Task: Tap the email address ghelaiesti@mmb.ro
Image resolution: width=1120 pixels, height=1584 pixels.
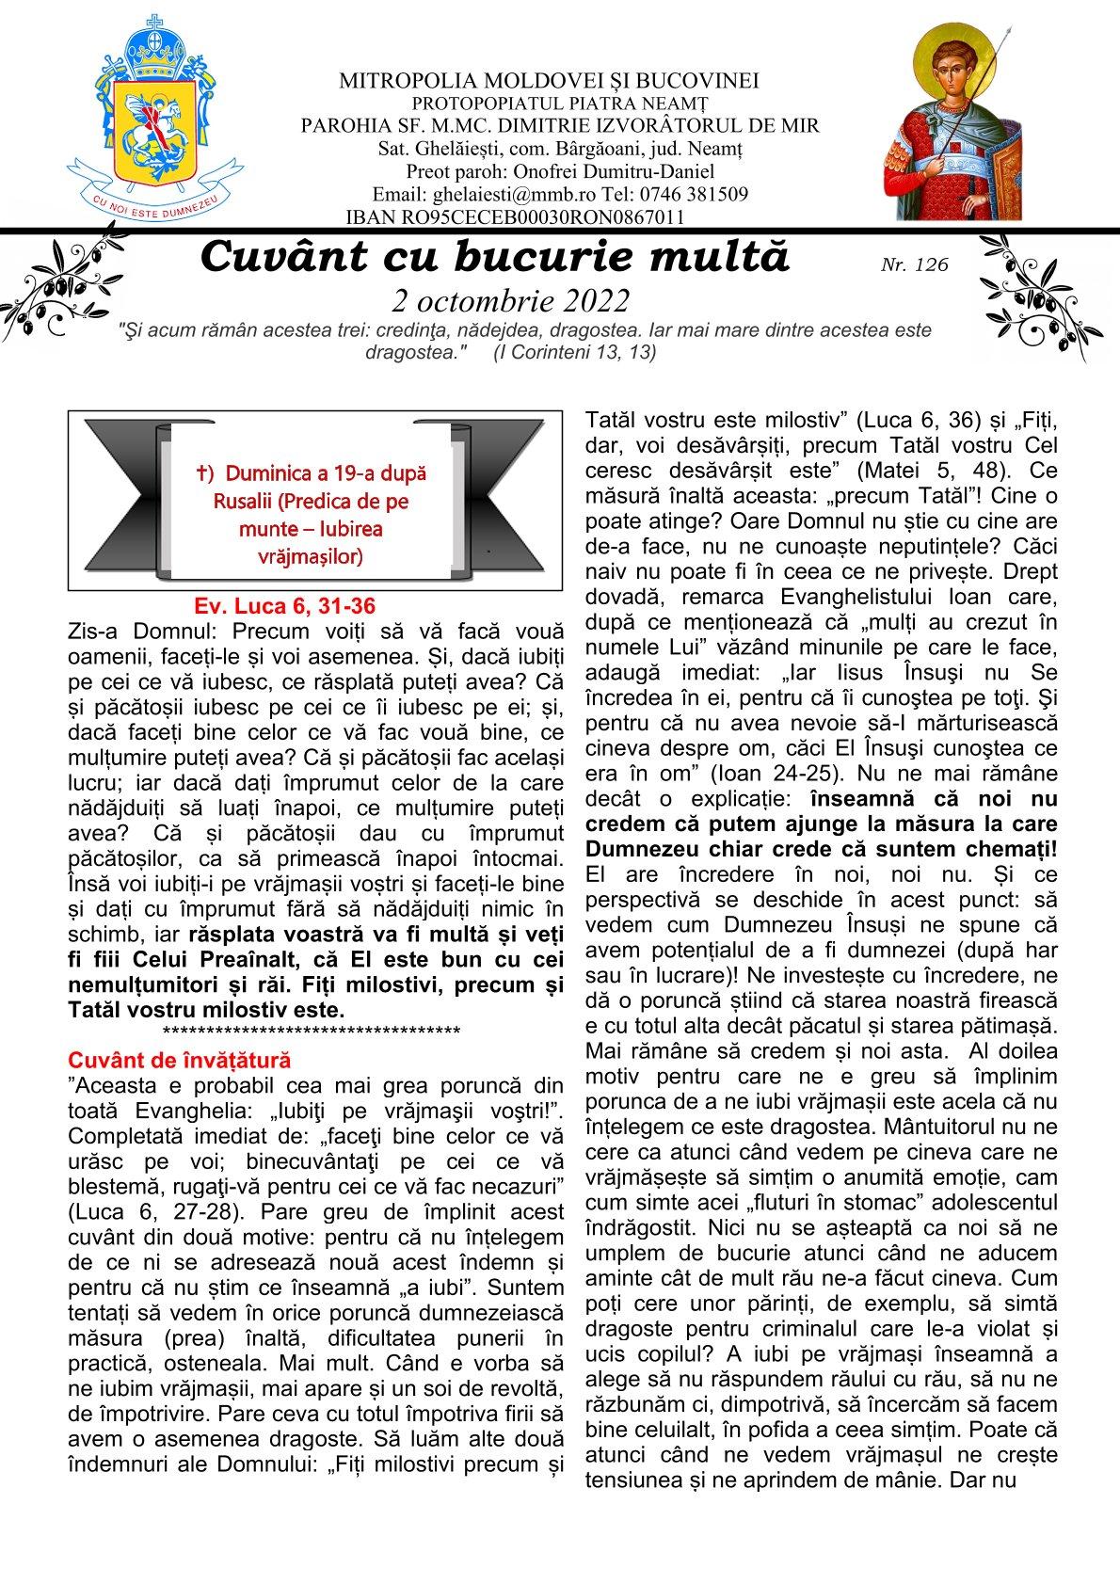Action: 500,195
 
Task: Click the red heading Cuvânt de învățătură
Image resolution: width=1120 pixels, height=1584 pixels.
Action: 179,1062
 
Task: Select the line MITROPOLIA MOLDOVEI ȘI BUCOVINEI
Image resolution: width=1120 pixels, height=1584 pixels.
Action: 550,81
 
